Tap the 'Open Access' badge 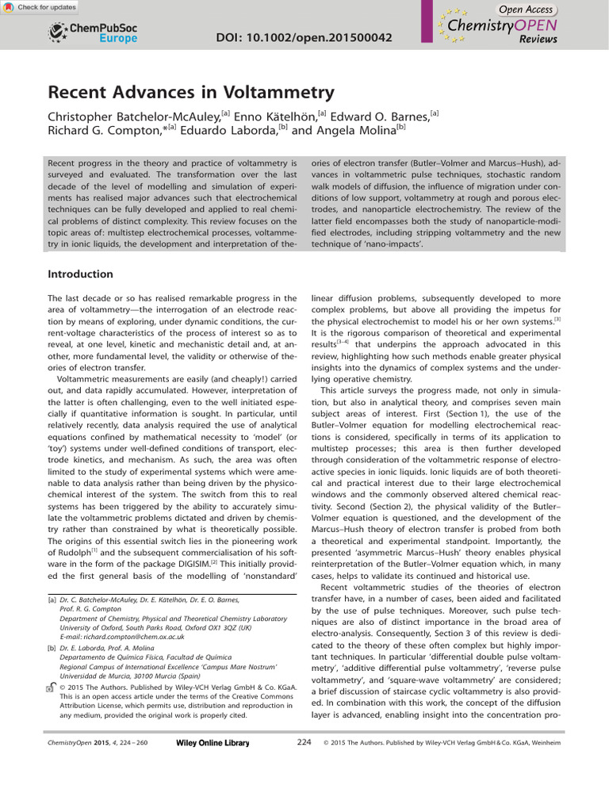(x=525, y=9)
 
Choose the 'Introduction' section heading (x=81, y=274)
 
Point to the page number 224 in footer (x=304, y=742)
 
